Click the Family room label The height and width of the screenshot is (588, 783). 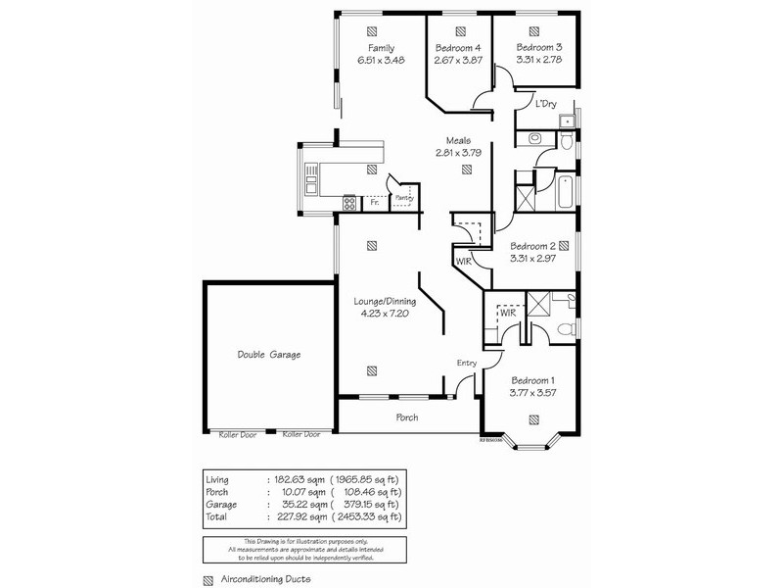[x=382, y=48]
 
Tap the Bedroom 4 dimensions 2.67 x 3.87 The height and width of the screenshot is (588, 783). [x=457, y=61]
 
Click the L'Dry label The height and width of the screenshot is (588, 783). [x=545, y=104]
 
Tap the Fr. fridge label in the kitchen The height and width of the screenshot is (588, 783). [x=374, y=203]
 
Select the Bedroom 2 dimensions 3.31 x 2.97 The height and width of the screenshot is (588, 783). [x=533, y=260]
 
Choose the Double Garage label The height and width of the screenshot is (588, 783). [x=268, y=355]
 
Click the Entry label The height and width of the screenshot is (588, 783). [x=466, y=364]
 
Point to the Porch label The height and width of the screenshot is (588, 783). [x=406, y=417]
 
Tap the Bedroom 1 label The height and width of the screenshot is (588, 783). [x=533, y=380]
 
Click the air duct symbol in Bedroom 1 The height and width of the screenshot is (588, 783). [x=533, y=419]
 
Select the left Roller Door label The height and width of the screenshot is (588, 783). [x=236, y=434]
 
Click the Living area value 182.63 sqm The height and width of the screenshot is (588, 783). [x=295, y=479]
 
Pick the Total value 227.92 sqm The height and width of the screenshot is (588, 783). [x=295, y=516]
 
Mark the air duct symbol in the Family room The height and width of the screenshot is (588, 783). [x=372, y=28]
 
